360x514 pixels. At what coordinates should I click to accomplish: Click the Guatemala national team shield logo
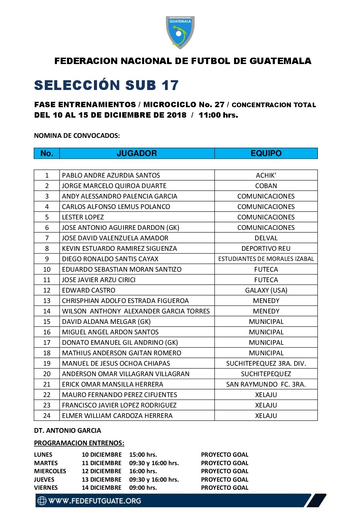click(180, 32)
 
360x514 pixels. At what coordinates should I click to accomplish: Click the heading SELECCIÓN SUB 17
click(106, 85)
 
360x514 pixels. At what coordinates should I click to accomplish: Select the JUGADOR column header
click(137, 153)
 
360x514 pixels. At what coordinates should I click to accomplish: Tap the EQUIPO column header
click(266, 153)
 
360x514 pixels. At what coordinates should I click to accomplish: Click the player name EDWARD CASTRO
click(89, 290)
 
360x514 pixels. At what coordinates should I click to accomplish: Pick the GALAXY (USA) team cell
click(266, 290)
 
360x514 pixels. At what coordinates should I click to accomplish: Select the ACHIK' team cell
click(266, 175)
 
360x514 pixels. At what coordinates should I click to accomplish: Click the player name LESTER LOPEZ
click(83, 217)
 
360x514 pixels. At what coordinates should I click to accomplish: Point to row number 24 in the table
click(47, 416)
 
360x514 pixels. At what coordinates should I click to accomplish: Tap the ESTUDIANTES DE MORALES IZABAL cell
click(266, 259)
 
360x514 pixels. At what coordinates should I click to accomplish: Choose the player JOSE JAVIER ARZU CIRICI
click(99, 280)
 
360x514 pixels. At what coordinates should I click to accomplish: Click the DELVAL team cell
click(266, 238)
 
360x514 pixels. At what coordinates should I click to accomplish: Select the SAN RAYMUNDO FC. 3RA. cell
click(266, 384)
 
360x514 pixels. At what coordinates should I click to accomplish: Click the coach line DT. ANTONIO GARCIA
click(67, 430)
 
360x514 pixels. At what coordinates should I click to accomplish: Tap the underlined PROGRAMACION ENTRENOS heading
click(79, 443)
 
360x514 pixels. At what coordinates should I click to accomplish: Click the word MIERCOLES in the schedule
click(50, 471)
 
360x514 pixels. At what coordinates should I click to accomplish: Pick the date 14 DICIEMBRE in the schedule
click(101, 488)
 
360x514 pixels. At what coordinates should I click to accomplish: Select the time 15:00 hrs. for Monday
click(143, 455)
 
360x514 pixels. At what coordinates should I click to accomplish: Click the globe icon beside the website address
click(42, 501)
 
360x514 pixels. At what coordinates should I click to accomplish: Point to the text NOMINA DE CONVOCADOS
click(77, 135)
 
